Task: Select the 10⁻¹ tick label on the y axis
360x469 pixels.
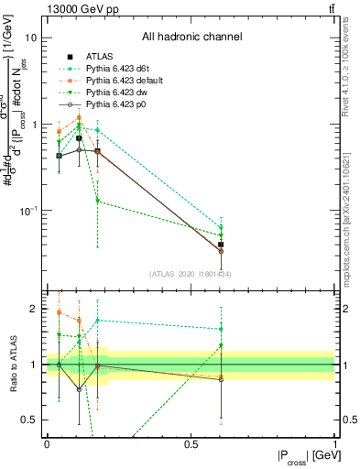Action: coord(28,210)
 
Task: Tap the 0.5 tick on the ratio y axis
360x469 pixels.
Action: coord(29,420)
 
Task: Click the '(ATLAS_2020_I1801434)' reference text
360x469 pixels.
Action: coord(190,274)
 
